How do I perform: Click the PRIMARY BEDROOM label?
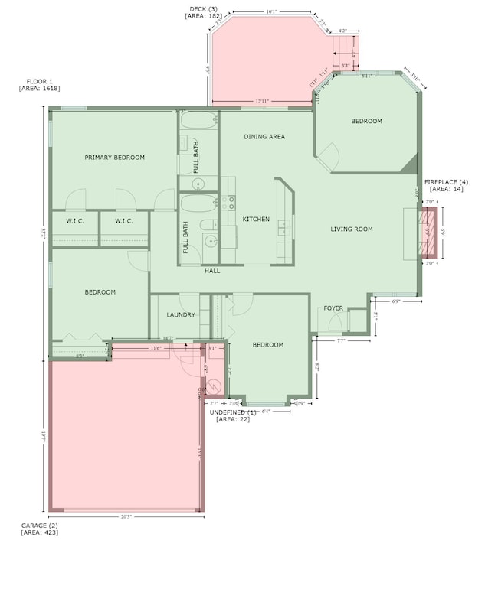(x=114, y=158)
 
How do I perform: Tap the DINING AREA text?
(x=264, y=137)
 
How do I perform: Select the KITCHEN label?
(x=256, y=220)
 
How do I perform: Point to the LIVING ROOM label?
(x=352, y=229)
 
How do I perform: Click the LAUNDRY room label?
(x=181, y=314)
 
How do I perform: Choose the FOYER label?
(x=333, y=308)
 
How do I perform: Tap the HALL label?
(x=212, y=271)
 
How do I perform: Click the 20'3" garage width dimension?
(x=126, y=517)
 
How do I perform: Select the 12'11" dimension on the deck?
(x=263, y=101)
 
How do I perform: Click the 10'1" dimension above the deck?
(x=271, y=12)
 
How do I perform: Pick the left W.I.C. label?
(x=75, y=221)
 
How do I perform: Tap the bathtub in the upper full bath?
(x=199, y=121)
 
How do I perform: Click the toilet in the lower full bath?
(x=208, y=225)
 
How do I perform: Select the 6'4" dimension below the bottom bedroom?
(x=267, y=412)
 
